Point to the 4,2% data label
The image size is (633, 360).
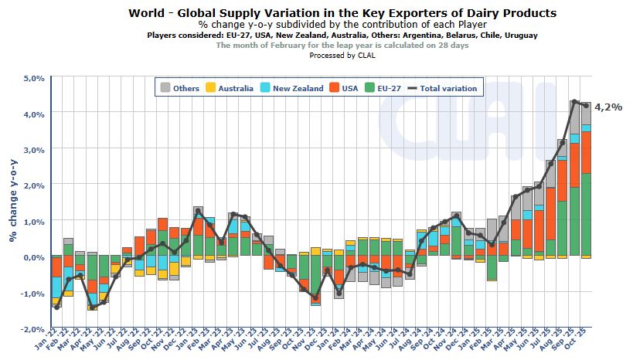607,107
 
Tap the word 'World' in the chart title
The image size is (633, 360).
148,13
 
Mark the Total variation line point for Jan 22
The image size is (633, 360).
56,307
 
